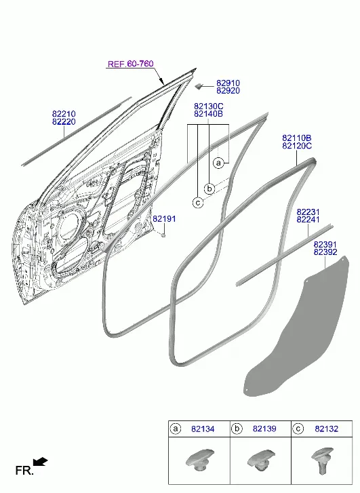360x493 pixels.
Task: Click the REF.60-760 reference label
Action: (x=130, y=64)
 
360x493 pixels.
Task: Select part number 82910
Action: (x=228, y=83)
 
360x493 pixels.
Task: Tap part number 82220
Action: (x=64, y=121)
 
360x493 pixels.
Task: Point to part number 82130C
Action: (x=208, y=106)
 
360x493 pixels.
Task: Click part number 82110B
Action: (x=297, y=138)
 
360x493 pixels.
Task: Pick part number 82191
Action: (x=164, y=219)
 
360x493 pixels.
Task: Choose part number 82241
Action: (x=308, y=220)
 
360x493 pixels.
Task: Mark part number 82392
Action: (x=325, y=252)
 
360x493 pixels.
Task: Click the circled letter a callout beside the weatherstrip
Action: (x=218, y=163)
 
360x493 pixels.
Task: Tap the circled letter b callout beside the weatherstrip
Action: (x=209, y=189)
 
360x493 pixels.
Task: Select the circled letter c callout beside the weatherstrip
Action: (x=198, y=203)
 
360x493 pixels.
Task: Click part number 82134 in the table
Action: (x=203, y=429)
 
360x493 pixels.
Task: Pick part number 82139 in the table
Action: (x=264, y=429)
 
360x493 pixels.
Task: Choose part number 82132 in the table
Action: (x=326, y=429)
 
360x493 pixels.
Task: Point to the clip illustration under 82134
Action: (x=199, y=460)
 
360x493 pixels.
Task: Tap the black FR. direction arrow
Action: (x=40, y=462)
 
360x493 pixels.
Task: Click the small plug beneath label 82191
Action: (x=163, y=234)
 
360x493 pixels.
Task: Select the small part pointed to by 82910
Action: (x=198, y=85)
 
